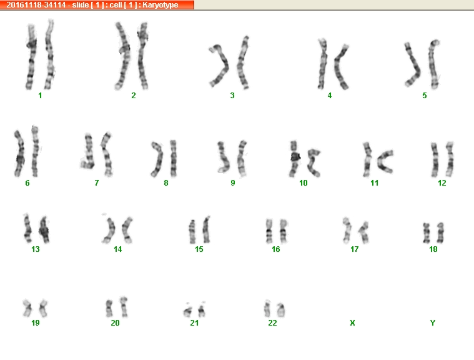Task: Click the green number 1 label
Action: tap(40, 96)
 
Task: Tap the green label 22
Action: tap(272, 323)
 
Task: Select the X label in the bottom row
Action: tap(352, 323)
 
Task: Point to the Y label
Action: tap(433, 323)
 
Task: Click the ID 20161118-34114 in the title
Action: tap(36, 5)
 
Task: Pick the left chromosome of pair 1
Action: tap(31, 57)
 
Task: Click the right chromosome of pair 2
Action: tap(142, 56)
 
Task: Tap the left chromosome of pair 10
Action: tap(294, 159)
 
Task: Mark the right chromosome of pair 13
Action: tap(44, 230)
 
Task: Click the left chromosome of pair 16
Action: tap(269, 231)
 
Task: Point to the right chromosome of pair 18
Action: tap(440, 233)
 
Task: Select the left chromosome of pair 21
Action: tap(188, 311)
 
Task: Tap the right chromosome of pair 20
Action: tap(124, 307)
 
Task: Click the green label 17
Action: tap(354, 249)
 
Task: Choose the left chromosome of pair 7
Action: tap(88, 151)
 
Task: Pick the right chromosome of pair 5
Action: tap(433, 64)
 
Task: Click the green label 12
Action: tap(442, 183)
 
